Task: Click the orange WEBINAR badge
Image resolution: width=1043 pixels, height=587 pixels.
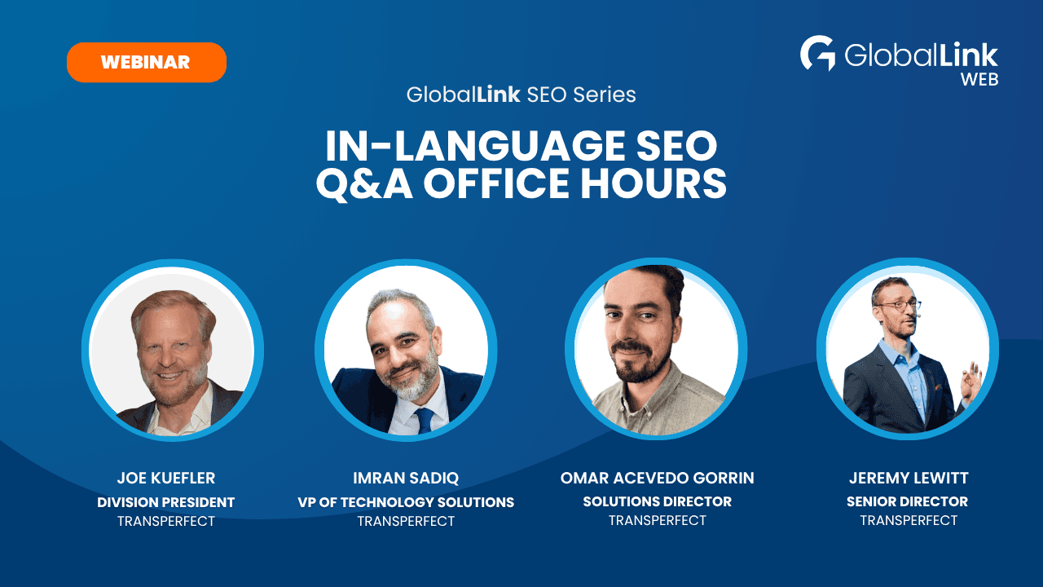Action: click(147, 63)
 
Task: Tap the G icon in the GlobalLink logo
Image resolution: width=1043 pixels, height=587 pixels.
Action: click(817, 53)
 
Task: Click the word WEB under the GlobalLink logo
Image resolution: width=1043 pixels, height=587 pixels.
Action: click(979, 80)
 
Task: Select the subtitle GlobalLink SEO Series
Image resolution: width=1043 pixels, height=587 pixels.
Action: click(521, 95)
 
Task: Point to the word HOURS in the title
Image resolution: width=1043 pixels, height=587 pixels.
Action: click(654, 183)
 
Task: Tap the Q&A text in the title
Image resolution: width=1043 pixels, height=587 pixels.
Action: click(364, 184)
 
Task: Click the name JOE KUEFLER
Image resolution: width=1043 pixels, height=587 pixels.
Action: click(165, 478)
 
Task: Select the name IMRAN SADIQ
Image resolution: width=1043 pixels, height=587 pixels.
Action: click(406, 478)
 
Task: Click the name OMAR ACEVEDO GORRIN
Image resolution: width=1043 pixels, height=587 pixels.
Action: click(657, 478)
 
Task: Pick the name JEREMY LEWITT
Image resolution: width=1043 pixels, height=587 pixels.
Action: click(909, 478)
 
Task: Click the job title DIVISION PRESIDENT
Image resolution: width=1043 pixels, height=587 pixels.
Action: click(165, 502)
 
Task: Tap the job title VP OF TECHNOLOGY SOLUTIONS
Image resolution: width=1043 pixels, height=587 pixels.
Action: click(406, 502)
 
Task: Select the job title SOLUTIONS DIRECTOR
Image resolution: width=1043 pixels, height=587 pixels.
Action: click(657, 501)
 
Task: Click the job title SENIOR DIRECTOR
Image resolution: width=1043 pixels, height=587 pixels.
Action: click(907, 501)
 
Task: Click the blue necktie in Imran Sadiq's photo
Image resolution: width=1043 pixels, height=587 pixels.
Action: click(425, 420)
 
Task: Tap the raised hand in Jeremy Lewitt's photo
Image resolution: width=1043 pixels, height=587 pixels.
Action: click(972, 383)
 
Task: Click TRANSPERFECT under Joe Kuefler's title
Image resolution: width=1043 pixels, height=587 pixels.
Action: click(165, 521)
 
